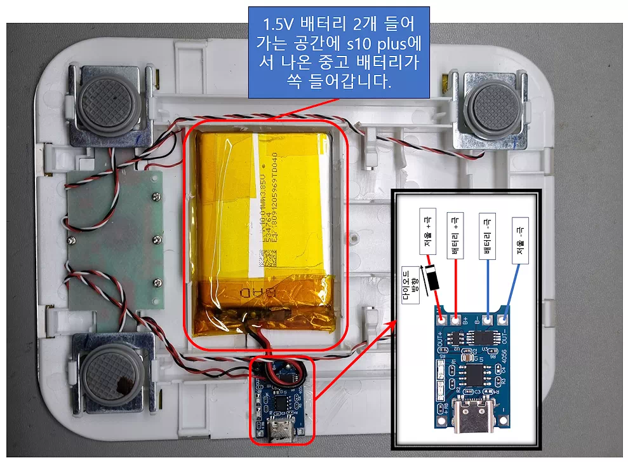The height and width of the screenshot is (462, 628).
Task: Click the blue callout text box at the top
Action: [x=338, y=53]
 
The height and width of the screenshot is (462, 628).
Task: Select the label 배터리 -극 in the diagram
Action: [x=487, y=236]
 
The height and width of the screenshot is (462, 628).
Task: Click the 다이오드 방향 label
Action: [x=413, y=284]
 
